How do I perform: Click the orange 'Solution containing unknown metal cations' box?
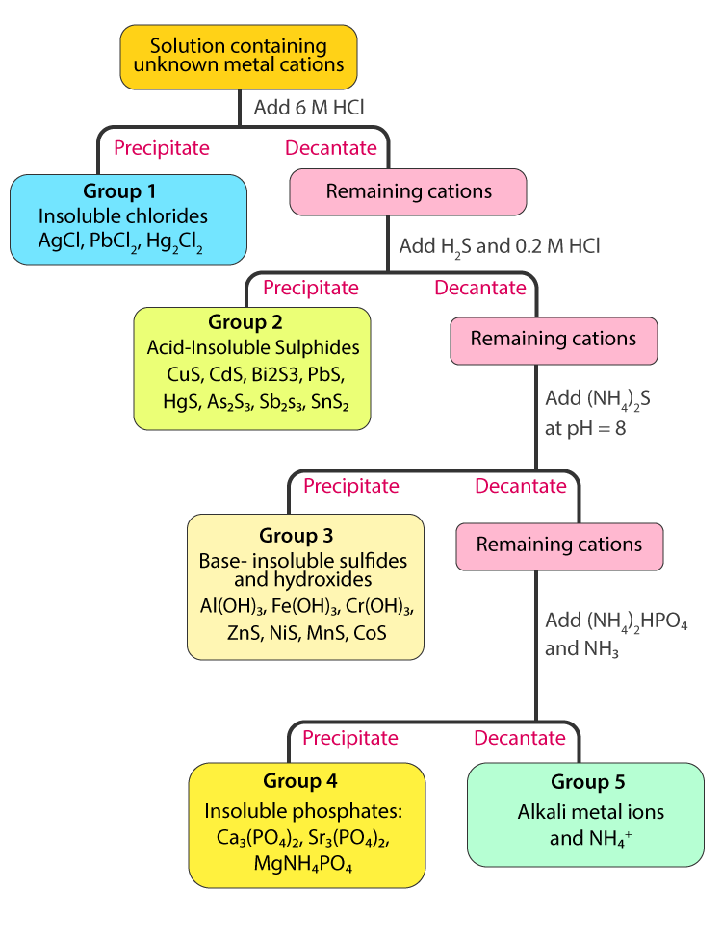pos(239,57)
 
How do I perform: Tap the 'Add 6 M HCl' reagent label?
pos(309,107)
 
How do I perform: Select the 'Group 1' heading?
pos(119,190)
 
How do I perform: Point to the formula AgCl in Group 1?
pos(61,240)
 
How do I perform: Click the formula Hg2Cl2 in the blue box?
pos(174,241)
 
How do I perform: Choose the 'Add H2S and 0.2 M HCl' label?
pos(500,246)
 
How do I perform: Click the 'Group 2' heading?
pos(245,322)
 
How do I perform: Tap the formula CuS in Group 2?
pos(185,374)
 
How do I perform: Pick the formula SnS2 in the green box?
pos(330,401)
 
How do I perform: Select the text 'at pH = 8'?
pos(585,428)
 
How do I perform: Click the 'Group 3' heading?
pos(296,535)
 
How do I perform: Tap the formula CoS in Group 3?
pos(370,633)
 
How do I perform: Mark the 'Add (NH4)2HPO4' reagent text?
pos(616,621)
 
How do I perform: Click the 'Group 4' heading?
pos(300,780)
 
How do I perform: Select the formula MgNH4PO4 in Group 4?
pos(303,865)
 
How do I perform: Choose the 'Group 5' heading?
pos(587,782)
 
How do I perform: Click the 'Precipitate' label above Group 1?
pos(162,148)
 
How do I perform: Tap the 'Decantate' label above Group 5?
pos(520,738)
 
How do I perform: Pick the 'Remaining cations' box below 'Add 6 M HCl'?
pos(408,192)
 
